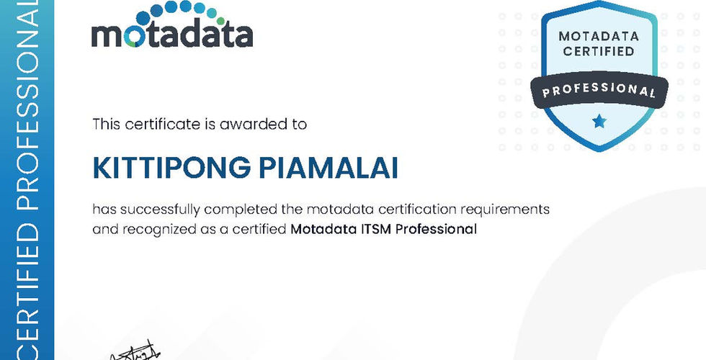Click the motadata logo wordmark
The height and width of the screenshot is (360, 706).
[x=172, y=35]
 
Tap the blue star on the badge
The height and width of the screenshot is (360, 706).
[x=599, y=121]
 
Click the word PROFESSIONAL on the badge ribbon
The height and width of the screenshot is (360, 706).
[x=599, y=89]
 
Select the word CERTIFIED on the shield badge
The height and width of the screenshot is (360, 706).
[x=599, y=51]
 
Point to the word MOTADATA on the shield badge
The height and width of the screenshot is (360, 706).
[x=599, y=36]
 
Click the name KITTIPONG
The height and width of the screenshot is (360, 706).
[x=171, y=168]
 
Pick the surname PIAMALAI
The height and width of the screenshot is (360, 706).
[x=329, y=168]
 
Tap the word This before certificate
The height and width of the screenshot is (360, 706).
[x=107, y=124]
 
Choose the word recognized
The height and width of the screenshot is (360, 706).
[x=159, y=230]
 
